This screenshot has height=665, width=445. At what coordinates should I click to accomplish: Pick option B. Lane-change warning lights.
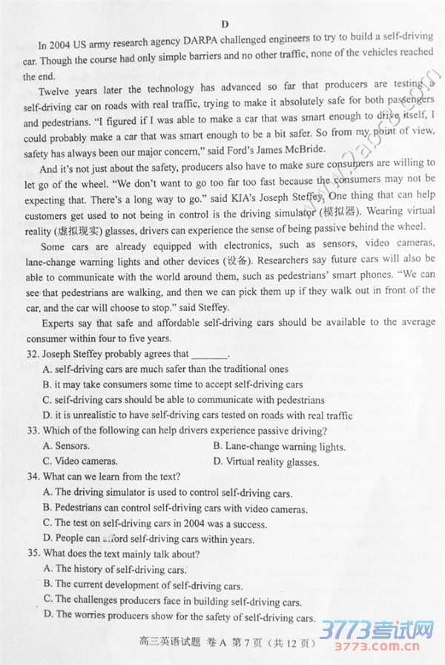coord(279,447)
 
